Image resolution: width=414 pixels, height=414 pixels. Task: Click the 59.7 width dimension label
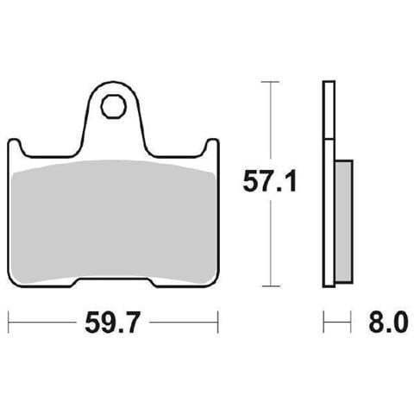pyautogui.click(x=112, y=322)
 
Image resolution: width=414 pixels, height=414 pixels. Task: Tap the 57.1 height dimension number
pyautogui.click(x=270, y=181)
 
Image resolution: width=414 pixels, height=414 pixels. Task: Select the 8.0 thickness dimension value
pyautogui.click(x=388, y=322)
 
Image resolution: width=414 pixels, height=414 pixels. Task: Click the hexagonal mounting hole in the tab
pyautogui.click(x=114, y=106)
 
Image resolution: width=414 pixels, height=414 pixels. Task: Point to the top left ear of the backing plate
pyautogui.click(x=15, y=145)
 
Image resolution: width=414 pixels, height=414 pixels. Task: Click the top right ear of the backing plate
pyautogui.click(x=212, y=145)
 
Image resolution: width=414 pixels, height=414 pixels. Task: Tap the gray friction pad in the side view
pyautogui.click(x=344, y=222)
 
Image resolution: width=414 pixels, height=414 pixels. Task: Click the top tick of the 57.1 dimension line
pyautogui.click(x=270, y=82)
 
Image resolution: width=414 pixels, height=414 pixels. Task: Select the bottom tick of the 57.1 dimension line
pyautogui.click(x=271, y=286)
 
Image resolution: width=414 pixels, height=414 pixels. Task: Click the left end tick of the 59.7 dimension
pyautogui.click(x=9, y=322)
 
